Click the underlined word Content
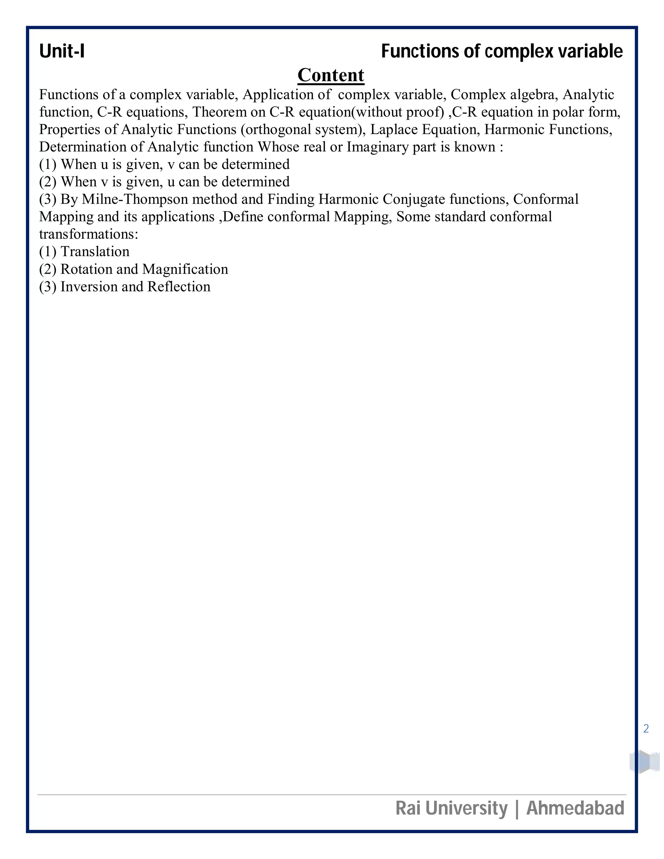point(331,75)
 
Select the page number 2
point(646,729)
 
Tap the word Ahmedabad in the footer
point(575,808)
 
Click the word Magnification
point(185,269)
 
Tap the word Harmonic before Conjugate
point(348,199)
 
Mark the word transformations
point(89,234)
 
